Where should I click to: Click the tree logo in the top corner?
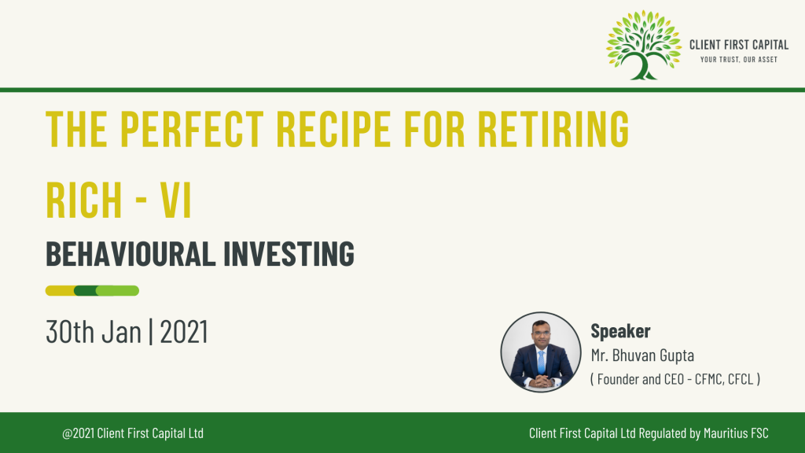click(x=644, y=45)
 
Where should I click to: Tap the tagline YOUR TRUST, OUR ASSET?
click(x=739, y=60)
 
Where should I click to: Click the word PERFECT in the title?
click(x=192, y=128)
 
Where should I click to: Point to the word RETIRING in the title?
click(x=553, y=128)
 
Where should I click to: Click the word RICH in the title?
click(x=83, y=201)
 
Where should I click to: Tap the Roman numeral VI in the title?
click(x=175, y=201)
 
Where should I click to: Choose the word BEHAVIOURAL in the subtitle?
click(x=130, y=254)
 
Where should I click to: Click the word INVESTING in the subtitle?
click(x=289, y=254)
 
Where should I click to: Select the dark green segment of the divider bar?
click(x=86, y=291)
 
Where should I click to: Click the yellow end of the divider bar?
click(x=59, y=291)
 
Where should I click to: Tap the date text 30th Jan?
click(x=94, y=332)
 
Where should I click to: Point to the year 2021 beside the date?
click(x=184, y=332)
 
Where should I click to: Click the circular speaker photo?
click(x=541, y=352)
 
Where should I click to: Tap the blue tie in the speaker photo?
click(x=541, y=362)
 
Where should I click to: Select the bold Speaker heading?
click(x=620, y=331)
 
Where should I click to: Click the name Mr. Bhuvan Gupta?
click(x=642, y=355)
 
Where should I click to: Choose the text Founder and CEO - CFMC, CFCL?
click(x=675, y=379)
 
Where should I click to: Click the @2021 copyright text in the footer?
click(x=133, y=433)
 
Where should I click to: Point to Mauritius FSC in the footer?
click(x=736, y=433)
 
